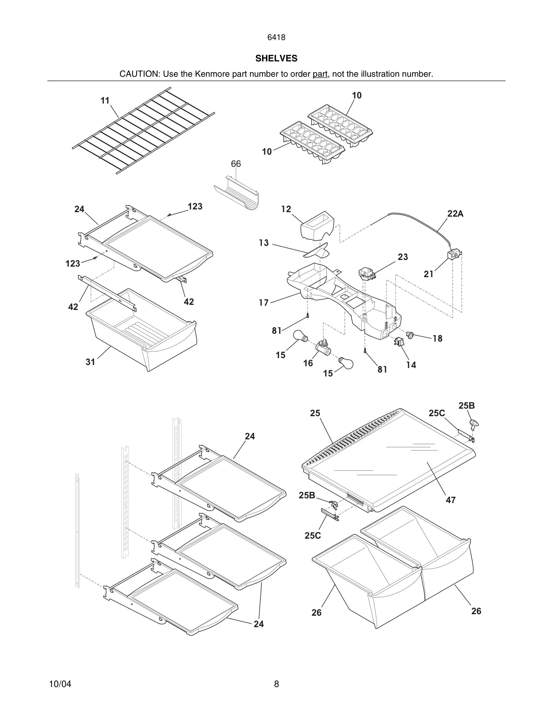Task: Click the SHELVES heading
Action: [276, 58]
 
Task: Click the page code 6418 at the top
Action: [276, 38]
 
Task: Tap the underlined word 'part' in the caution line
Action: [320, 74]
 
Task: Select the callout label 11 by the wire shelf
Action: [105, 101]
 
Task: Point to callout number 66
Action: [236, 164]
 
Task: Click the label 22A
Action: [455, 214]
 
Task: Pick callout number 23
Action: [403, 257]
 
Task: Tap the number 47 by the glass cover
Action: [451, 500]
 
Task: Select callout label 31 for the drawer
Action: [90, 362]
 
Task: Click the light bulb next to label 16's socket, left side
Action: [300, 336]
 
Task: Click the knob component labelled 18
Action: [410, 335]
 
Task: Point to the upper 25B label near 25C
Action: [467, 406]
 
